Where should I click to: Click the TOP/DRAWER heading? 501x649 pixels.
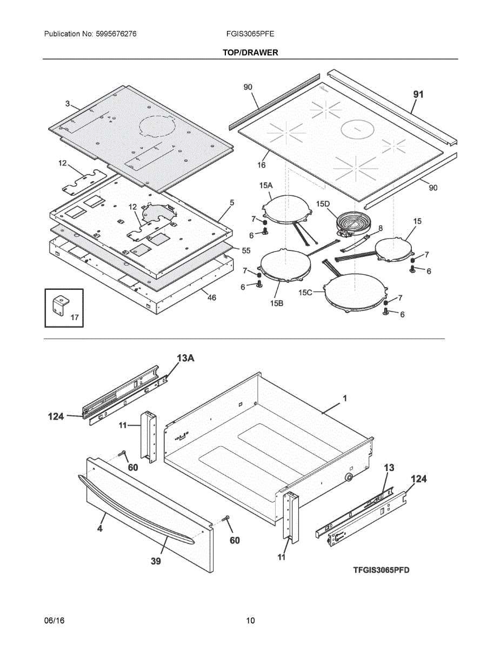pyautogui.click(x=250, y=52)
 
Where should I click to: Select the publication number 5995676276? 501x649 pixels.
pyautogui.click(x=116, y=34)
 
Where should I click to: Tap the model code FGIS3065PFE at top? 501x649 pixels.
pyautogui.click(x=250, y=34)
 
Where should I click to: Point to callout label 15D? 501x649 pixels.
pyautogui.click(x=323, y=204)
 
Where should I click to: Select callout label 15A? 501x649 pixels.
pyautogui.click(x=266, y=186)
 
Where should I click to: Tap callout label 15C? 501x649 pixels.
pyautogui.click(x=305, y=293)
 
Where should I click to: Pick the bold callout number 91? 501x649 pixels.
pyautogui.click(x=418, y=95)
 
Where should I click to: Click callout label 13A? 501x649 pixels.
pyautogui.click(x=185, y=358)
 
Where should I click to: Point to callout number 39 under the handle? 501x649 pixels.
pyautogui.click(x=156, y=561)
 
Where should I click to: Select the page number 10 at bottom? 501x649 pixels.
pyautogui.click(x=250, y=621)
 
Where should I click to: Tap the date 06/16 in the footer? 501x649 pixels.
pyautogui.click(x=54, y=621)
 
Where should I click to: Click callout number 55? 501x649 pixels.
pyautogui.click(x=246, y=250)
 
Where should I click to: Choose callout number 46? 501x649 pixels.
pyautogui.click(x=211, y=297)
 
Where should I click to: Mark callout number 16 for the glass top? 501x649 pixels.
pyautogui.click(x=262, y=165)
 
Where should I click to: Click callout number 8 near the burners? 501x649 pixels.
pyautogui.click(x=380, y=228)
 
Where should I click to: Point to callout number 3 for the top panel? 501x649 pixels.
pyautogui.click(x=68, y=104)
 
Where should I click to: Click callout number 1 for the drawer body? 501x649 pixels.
pyautogui.click(x=345, y=398)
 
